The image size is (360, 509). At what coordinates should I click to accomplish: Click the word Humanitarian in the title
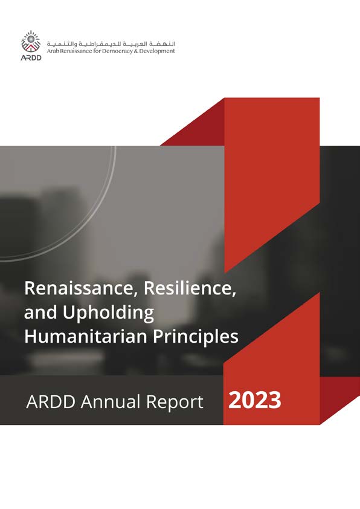[x=79, y=337]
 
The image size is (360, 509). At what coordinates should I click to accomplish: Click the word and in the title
[x=39, y=313]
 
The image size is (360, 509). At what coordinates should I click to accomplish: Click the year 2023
[x=255, y=400]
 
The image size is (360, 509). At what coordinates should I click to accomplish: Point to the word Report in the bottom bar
[x=175, y=401]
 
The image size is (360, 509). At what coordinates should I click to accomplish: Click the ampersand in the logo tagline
[x=138, y=52]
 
